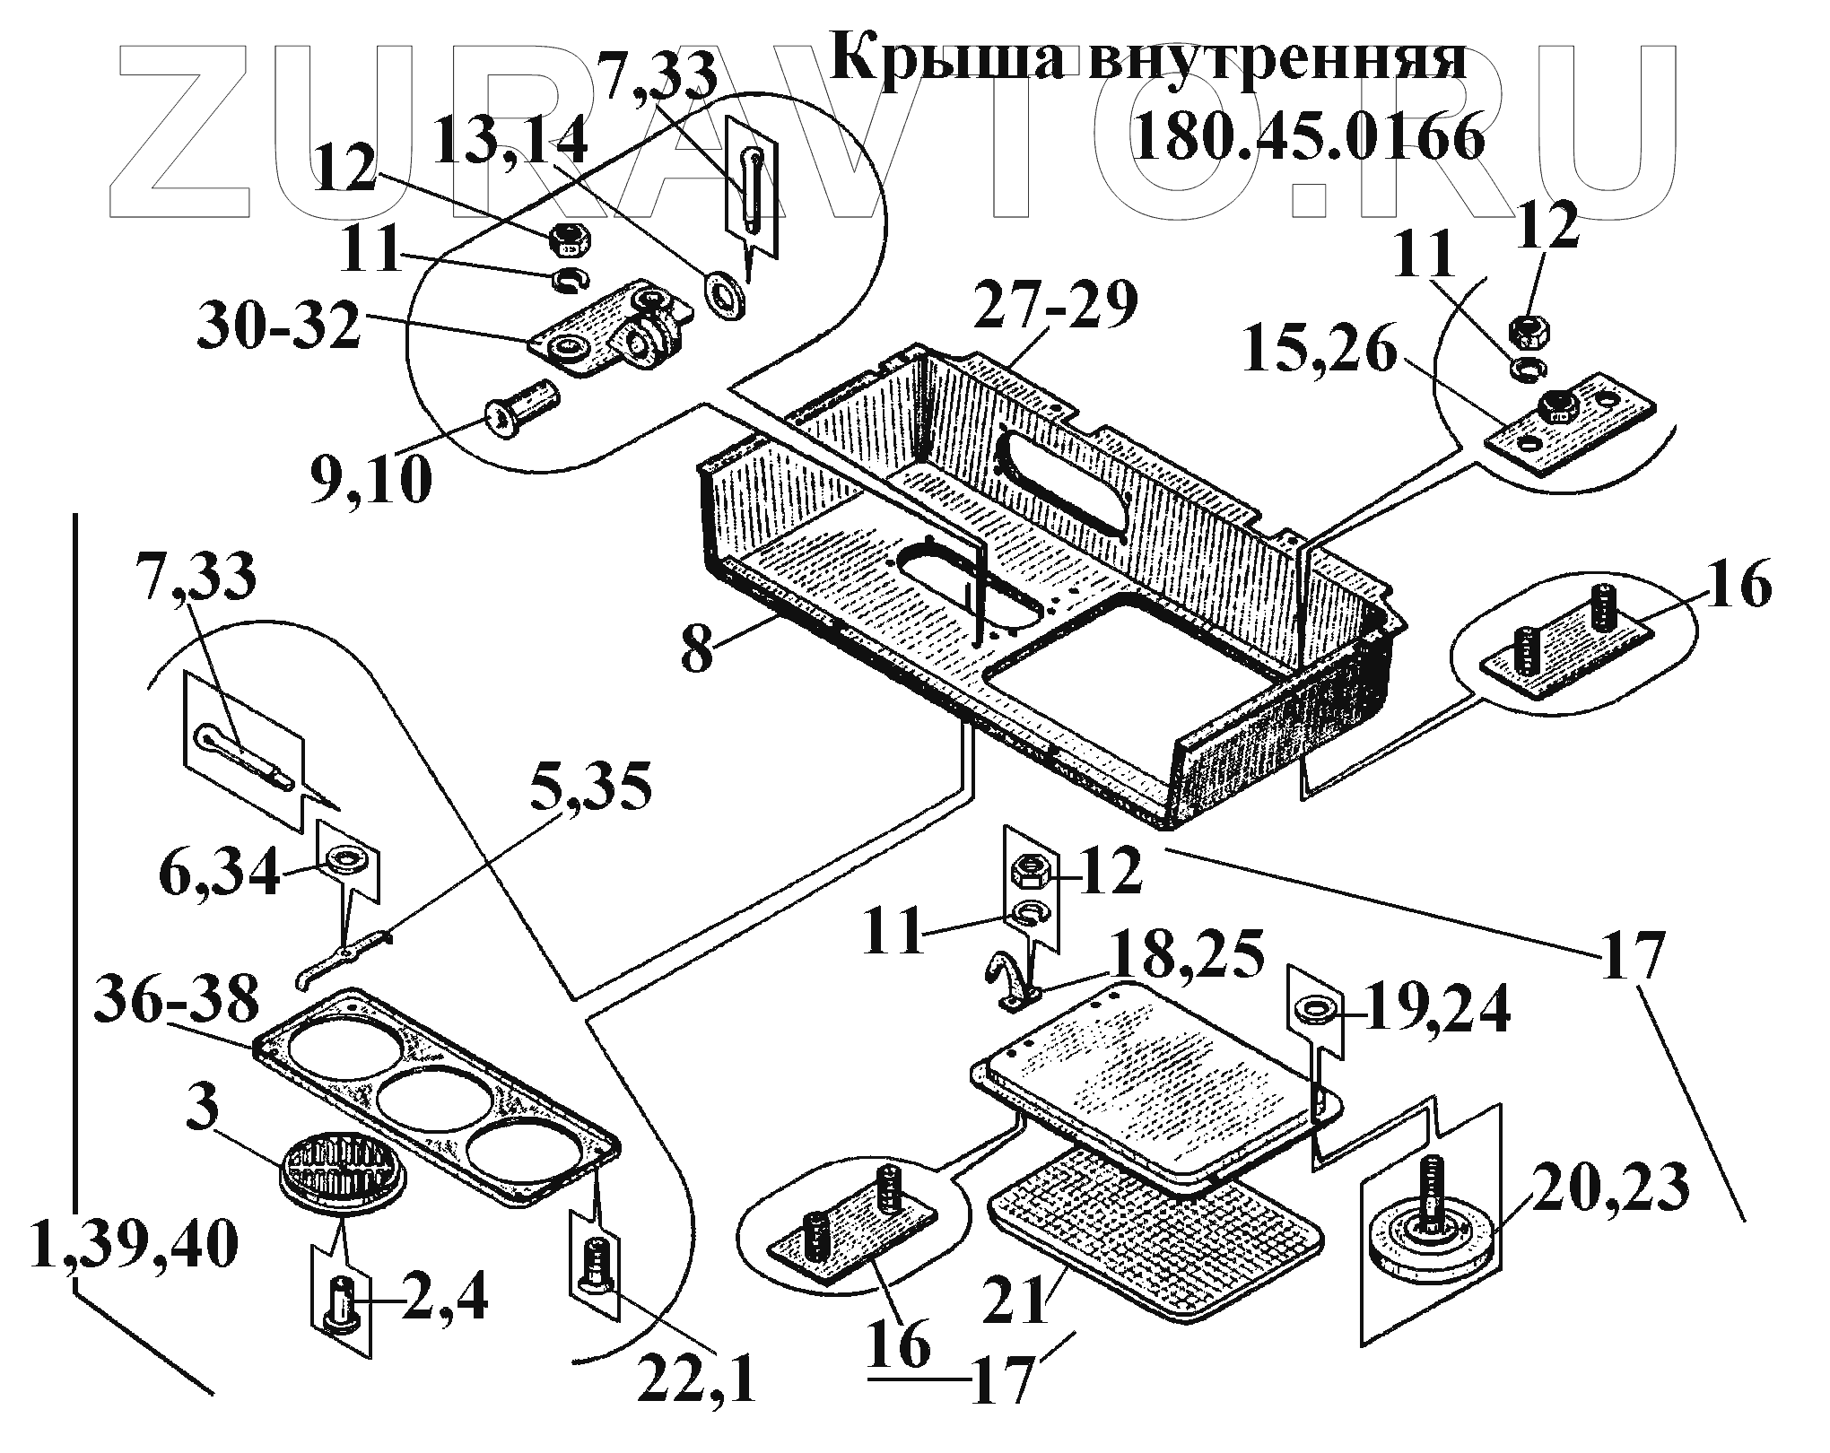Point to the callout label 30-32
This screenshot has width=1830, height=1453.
coord(279,326)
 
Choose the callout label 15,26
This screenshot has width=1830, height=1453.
coord(1319,353)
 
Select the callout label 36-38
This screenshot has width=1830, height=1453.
coord(177,1001)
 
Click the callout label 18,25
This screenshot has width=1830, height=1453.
coord(1187,958)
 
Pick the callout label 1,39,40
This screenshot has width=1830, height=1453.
coord(135,1246)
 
